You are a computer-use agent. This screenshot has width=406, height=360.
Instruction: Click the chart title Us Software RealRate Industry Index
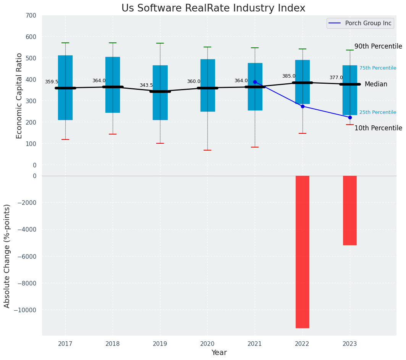click(x=213, y=8)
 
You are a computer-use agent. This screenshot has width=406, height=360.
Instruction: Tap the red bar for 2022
click(x=302, y=251)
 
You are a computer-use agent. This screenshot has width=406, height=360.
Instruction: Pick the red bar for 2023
click(x=350, y=210)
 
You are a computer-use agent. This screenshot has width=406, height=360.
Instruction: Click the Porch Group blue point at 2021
click(x=255, y=82)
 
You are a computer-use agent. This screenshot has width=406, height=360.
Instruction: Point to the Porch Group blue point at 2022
click(x=302, y=106)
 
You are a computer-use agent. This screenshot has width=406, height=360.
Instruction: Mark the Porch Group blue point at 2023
click(x=350, y=117)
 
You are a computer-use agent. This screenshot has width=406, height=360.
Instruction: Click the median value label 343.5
click(x=146, y=86)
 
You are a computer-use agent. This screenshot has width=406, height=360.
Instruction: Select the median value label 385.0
click(x=289, y=76)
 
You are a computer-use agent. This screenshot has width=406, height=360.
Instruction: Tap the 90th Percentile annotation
click(x=378, y=47)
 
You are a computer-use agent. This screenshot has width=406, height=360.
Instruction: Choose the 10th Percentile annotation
click(x=378, y=128)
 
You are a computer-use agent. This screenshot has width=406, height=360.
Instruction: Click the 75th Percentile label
click(x=378, y=68)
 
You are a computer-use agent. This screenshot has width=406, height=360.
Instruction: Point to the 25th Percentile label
click(x=378, y=112)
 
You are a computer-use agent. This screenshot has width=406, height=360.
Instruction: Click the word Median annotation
click(x=376, y=84)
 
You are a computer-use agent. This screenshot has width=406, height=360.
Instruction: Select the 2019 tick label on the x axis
click(x=160, y=344)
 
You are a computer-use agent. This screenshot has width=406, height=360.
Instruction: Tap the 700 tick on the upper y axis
click(x=31, y=16)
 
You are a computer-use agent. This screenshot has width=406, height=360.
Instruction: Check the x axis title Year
click(x=219, y=353)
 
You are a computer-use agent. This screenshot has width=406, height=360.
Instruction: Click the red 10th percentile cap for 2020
click(x=207, y=150)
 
